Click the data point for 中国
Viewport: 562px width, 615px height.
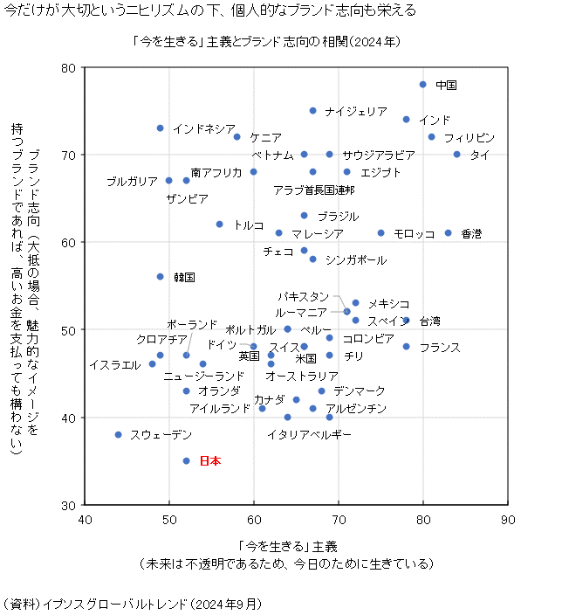[423, 85]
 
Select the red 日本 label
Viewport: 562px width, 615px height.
[210, 460]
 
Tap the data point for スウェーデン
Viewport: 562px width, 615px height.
[119, 434]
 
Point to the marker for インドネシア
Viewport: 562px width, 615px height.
[161, 128]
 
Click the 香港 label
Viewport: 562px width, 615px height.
[471, 233]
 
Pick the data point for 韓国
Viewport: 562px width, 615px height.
[161, 276]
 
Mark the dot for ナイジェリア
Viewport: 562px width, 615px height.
[313, 111]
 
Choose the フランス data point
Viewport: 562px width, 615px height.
[407, 347]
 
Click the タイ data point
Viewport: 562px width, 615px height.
[456, 155]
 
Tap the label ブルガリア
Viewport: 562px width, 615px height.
[132, 182]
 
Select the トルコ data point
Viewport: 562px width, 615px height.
[220, 225]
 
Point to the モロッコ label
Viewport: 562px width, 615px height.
[414, 233]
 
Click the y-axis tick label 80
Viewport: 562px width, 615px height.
[69, 68]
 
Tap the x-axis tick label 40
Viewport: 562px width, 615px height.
[85, 521]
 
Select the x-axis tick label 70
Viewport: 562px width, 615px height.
[339, 521]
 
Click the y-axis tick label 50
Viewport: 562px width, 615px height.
[69, 330]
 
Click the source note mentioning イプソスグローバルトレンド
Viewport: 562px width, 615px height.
[133, 604]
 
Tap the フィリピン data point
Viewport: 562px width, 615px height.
[432, 137]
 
